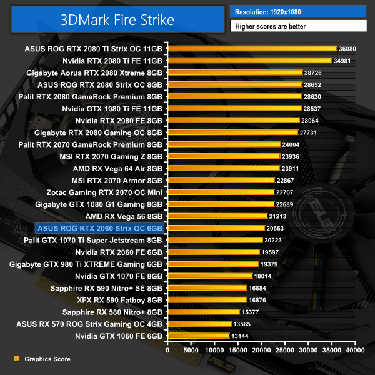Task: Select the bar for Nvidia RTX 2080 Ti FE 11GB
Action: (249, 61)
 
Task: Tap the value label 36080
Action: (346, 48)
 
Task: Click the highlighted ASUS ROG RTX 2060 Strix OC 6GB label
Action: (101, 229)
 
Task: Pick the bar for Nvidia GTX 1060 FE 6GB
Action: (198, 336)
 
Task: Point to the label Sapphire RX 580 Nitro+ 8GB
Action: (112, 312)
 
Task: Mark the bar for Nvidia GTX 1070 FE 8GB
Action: (209, 276)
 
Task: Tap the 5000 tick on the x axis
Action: (191, 351)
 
